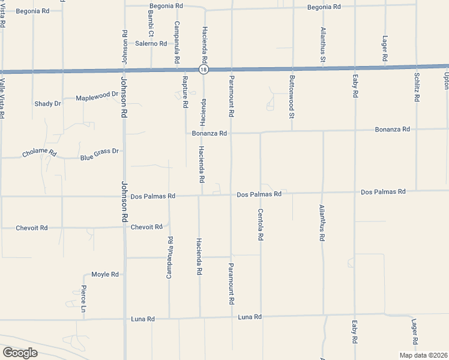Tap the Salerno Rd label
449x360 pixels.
[x=151, y=43]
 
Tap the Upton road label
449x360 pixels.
[x=445, y=81]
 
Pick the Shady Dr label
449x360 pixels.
[x=48, y=103]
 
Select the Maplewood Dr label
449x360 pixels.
[x=97, y=96]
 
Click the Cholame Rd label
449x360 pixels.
[x=39, y=154]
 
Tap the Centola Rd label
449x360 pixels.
[x=261, y=224]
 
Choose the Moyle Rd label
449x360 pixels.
[x=105, y=274]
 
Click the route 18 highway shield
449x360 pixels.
[x=205, y=70]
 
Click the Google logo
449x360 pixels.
[x=20, y=352]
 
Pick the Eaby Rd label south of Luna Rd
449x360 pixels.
[x=355, y=332]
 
